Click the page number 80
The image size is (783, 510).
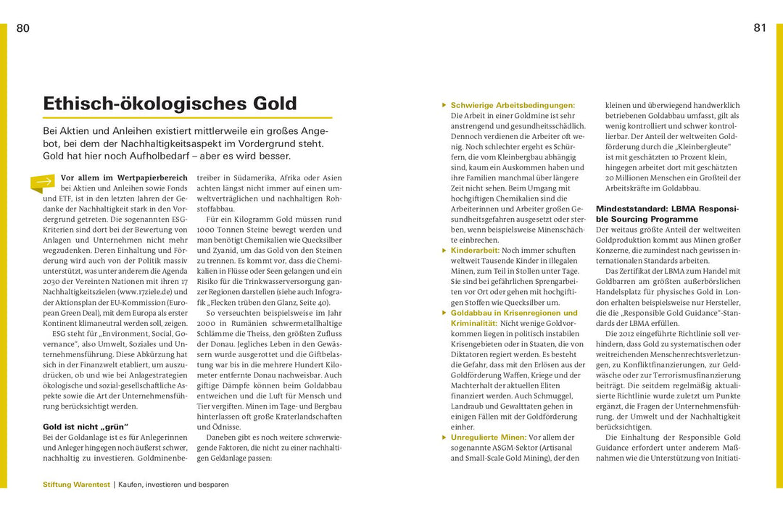click(x=22, y=28)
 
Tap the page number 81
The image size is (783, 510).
click(x=759, y=28)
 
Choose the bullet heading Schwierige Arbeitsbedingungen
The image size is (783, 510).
click(x=512, y=105)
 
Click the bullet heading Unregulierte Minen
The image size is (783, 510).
click(x=489, y=438)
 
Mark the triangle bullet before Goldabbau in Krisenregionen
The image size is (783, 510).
click(x=444, y=313)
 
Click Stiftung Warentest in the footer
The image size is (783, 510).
click(x=75, y=484)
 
